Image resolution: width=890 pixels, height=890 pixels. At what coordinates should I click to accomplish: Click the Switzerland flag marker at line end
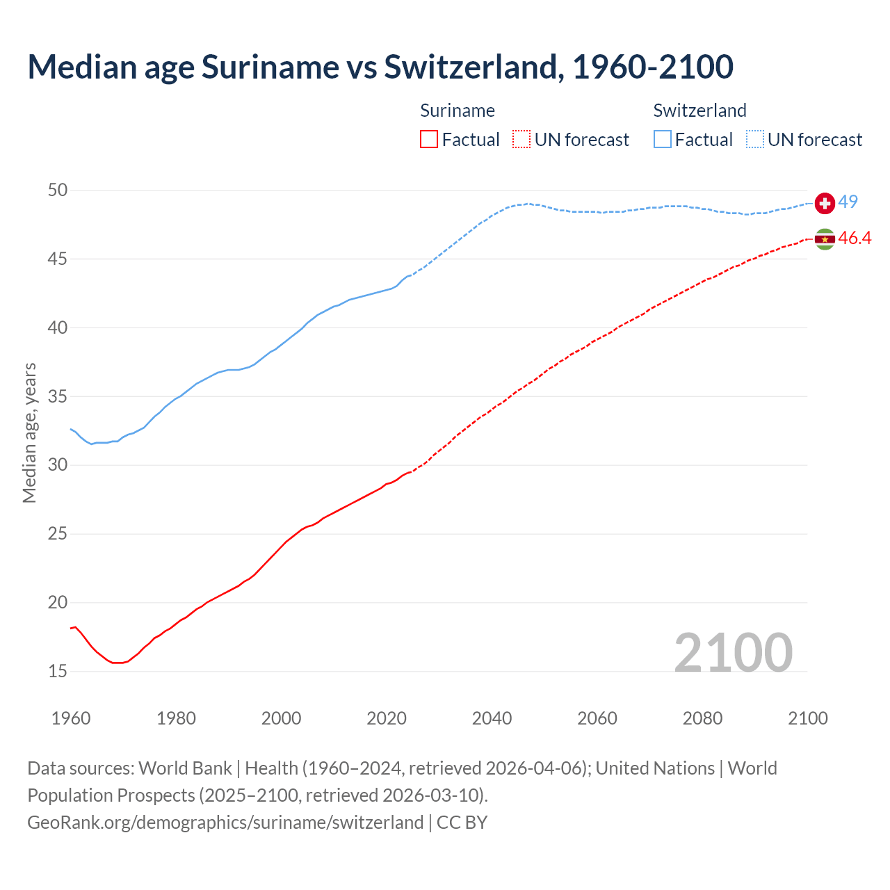coord(825,203)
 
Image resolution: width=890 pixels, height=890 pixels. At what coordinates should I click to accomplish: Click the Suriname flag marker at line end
coord(825,239)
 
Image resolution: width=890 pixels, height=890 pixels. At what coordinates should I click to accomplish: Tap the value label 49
coord(848,202)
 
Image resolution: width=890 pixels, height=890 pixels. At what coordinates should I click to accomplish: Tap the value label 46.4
coord(855,238)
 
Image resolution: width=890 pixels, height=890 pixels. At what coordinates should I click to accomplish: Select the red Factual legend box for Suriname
coord(429,140)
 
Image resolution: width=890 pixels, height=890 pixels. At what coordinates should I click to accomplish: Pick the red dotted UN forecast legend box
coord(521,140)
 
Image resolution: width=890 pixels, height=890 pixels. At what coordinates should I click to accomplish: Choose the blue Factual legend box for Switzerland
coord(663,140)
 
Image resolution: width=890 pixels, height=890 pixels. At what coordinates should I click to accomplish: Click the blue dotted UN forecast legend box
coord(755,140)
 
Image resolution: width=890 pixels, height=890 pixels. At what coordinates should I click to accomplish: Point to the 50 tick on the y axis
coord(58,191)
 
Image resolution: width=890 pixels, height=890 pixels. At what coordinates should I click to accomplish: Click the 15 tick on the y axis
coord(58,672)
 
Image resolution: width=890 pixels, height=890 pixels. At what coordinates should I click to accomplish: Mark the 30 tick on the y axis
coord(58,465)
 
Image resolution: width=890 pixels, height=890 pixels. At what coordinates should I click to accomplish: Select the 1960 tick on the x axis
coord(71,718)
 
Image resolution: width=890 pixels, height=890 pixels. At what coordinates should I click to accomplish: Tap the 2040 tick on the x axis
coord(492,718)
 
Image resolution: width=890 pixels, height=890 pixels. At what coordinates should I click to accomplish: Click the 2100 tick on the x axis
coord(808,718)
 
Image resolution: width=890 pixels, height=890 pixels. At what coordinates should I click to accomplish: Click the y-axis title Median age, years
coord(29,432)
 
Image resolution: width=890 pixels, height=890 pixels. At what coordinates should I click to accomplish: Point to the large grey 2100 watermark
coord(734,652)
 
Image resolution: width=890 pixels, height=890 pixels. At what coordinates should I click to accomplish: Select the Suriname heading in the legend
coord(458,111)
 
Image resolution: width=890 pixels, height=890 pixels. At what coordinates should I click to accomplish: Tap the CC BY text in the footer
coord(462,823)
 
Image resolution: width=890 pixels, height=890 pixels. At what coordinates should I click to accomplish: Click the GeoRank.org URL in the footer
coord(225,823)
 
